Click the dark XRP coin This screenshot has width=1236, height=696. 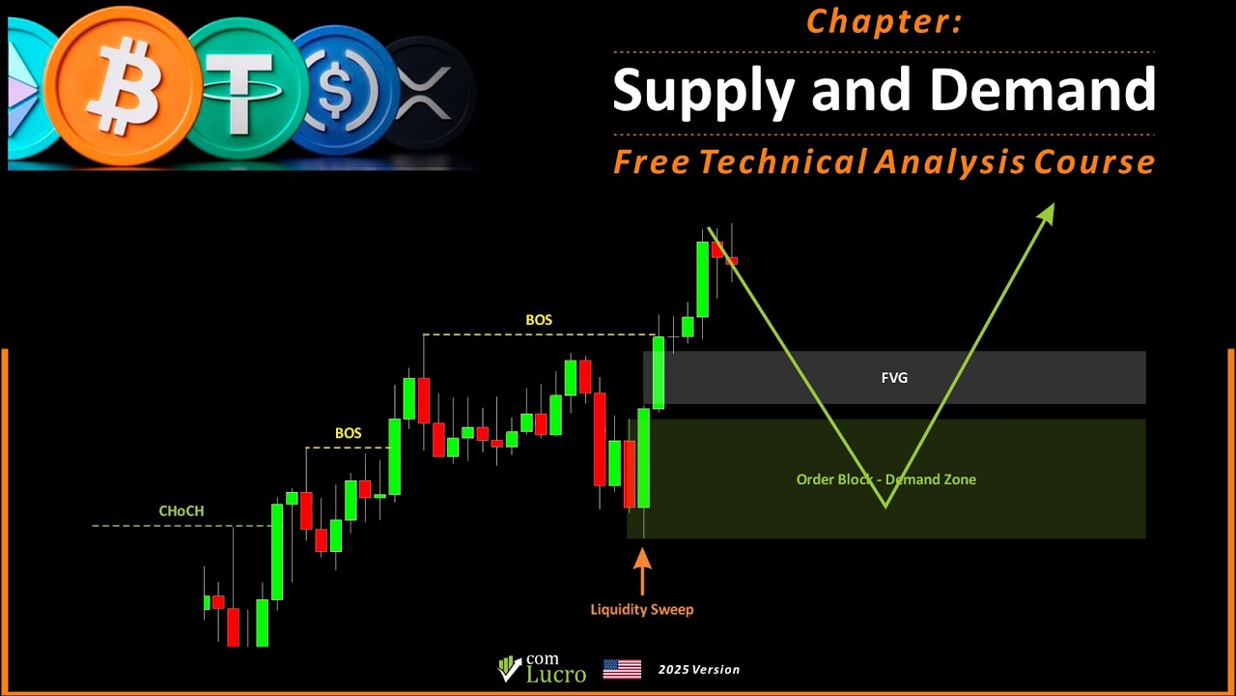pos(425,94)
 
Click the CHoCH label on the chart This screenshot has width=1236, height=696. pos(182,511)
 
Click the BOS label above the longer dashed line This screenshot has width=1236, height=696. pos(539,320)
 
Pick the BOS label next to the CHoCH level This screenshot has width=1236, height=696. pos(348,433)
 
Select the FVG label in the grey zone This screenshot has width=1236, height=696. pos(894,378)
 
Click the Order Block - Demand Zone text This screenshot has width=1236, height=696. pos(885,479)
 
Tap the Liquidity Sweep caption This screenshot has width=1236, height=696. pos(642,609)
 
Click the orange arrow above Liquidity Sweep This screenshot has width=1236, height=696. pos(642,570)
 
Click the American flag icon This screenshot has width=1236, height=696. pos(622,669)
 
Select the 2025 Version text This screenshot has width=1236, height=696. pos(699,669)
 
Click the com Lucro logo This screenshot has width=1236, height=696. pos(542,668)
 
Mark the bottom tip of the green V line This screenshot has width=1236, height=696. pos(885,506)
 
